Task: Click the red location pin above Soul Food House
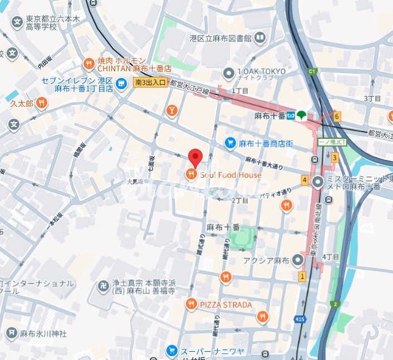[x=194, y=158]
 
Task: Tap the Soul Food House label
[x=230, y=175]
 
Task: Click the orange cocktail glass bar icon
[x=171, y=110]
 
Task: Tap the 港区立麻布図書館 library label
[x=221, y=38]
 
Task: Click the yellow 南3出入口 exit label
[x=150, y=82]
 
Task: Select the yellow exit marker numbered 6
[x=337, y=116]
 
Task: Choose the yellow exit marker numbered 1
[x=302, y=276]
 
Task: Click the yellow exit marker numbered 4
[x=304, y=180]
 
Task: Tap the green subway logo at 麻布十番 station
[x=302, y=115]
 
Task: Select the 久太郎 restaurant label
[x=22, y=104]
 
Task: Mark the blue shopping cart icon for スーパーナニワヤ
[x=171, y=351]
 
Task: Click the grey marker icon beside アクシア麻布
[x=299, y=260]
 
